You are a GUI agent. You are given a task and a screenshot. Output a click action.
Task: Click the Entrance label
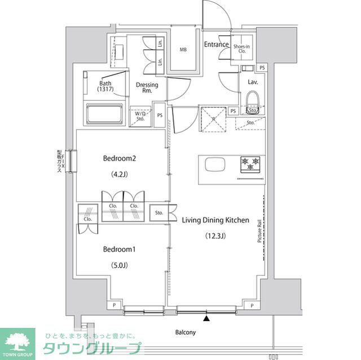(216, 45)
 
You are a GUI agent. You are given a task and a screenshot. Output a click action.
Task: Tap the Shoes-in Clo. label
(243, 49)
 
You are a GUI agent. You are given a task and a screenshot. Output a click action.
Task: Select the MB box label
(183, 50)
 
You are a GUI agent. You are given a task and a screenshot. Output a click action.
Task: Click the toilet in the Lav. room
(252, 105)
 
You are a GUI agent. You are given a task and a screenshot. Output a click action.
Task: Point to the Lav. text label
(252, 82)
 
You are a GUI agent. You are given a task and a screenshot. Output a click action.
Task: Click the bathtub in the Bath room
(103, 115)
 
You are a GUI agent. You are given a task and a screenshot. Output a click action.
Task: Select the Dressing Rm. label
(147, 88)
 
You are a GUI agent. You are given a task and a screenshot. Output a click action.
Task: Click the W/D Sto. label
(140, 116)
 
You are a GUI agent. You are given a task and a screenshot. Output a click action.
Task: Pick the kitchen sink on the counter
(215, 165)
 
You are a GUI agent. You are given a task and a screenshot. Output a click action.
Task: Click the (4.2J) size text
(120, 175)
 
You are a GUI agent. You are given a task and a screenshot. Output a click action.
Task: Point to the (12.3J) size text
(214, 236)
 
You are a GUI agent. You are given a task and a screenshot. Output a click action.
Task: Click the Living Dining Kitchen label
(215, 220)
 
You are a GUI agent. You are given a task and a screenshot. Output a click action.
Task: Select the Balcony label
(184, 332)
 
